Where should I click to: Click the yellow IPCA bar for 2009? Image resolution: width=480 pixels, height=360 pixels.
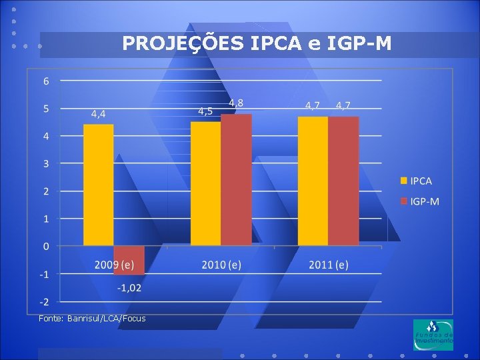tap(98, 185)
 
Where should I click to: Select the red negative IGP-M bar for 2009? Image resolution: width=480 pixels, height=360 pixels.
tap(129, 260)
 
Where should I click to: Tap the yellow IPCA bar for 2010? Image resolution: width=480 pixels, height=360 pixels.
tap(206, 184)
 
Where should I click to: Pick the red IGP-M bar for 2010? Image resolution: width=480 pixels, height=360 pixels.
tap(236, 180)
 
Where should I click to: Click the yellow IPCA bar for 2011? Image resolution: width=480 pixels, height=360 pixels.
tap(313, 181)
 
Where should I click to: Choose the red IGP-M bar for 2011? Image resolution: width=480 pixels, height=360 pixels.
tap(343, 181)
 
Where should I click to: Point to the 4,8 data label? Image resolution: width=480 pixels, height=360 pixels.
tap(236, 103)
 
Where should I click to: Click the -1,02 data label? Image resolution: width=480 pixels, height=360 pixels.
tap(129, 288)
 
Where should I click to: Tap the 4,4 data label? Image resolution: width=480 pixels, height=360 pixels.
tap(98, 114)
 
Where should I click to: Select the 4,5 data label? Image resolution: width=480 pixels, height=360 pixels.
tap(205, 111)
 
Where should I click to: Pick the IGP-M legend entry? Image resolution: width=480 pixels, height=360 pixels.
tap(420, 201)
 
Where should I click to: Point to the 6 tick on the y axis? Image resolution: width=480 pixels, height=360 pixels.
tap(46, 81)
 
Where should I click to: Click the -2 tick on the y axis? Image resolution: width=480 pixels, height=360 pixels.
tap(45, 302)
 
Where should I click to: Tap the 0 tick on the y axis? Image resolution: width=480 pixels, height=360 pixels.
tap(46, 247)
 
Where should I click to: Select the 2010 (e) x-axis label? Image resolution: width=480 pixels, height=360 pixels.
tap(221, 265)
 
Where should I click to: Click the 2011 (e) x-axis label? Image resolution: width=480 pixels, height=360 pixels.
tap(329, 265)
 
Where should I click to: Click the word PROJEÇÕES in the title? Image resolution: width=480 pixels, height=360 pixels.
tap(183, 43)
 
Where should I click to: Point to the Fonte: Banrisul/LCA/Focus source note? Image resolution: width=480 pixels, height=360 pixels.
tap(92, 319)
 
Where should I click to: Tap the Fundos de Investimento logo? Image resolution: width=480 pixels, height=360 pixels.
tap(433, 335)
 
